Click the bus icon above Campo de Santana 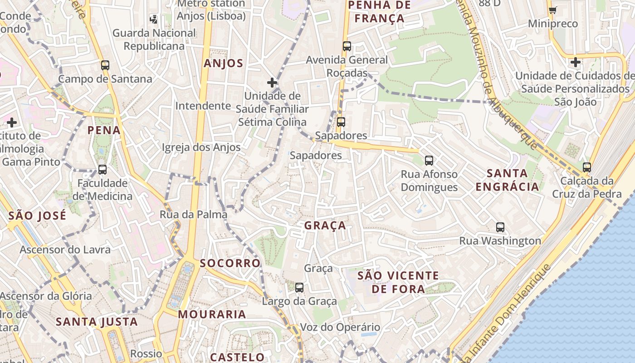[105, 65]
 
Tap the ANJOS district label [224, 63]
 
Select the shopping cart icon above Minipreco [552, 10]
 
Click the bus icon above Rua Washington [500, 227]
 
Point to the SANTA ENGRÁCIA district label [507, 180]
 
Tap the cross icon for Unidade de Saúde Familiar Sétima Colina [272, 82]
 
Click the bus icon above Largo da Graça [299, 287]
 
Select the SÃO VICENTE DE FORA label [398, 282]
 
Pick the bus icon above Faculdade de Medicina [103, 170]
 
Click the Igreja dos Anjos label [201, 147]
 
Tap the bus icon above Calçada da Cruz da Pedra [587, 167]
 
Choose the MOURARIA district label [212, 314]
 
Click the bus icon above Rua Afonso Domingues [429, 160]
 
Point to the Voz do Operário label [340, 327]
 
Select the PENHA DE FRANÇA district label [379, 12]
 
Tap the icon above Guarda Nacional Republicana [154, 19]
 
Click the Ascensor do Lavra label [65, 250]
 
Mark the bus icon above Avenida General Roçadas [347, 46]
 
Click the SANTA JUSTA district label [97, 322]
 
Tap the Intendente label [203, 106]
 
